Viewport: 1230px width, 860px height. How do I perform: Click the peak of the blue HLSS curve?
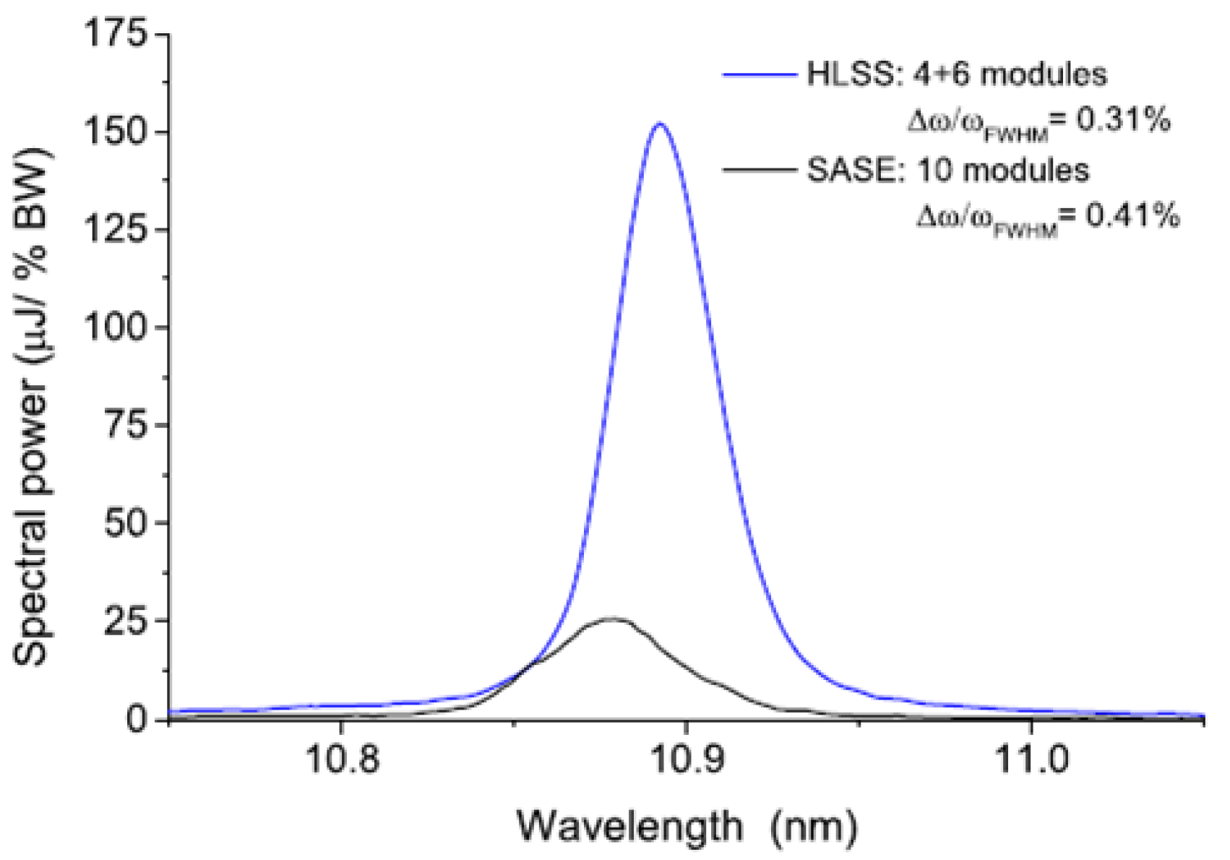[x=659, y=124]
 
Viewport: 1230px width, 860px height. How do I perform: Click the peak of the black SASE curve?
[x=613, y=619]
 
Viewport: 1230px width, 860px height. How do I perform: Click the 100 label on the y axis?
[x=116, y=327]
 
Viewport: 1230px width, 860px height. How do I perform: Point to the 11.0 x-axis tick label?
[x=1031, y=761]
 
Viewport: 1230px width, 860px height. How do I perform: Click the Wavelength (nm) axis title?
[x=687, y=825]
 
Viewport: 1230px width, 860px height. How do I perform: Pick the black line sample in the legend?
[x=759, y=171]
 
